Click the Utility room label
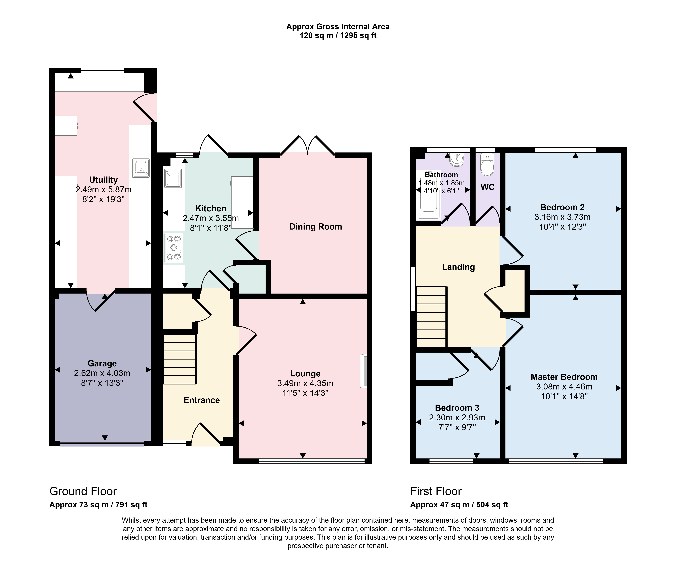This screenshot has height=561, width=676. pyautogui.click(x=103, y=180)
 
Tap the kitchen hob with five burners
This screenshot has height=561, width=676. pyautogui.click(x=174, y=248)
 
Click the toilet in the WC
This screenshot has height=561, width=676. pyautogui.click(x=487, y=165)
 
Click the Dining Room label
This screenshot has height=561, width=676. pyautogui.click(x=315, y=227)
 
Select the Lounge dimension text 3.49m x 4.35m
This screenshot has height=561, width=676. pyautogui.click(x=305, y=383)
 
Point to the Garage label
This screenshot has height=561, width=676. pyautogui.click(x=102, y=363)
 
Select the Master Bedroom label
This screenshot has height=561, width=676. pyautogui.click(x=564, y=377)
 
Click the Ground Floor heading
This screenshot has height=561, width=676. pyautogui.click(x=83, y=491)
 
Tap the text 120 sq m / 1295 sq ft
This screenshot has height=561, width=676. pyautogui.click(x=338, y=36)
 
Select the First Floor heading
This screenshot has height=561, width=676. pyautogui.click(x=436, y=491)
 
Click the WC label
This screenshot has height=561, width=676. pyautogui.click(x=487, y=187)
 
